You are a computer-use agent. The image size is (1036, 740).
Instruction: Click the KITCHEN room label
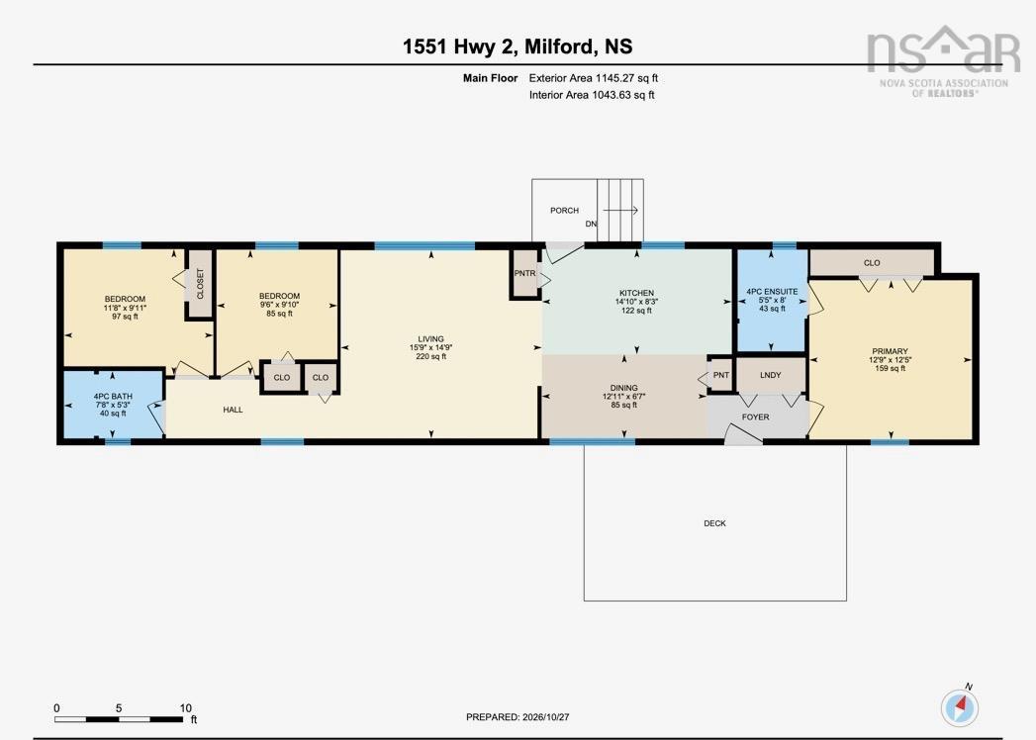point(636,293)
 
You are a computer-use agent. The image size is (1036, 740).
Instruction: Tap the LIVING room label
point(430,339)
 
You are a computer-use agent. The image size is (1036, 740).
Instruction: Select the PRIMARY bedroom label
point(890,351)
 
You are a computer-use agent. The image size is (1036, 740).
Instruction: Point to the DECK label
point(714,523)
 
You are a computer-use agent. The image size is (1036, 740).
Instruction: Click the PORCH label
point(564,210)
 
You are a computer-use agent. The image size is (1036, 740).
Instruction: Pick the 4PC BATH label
point(113,397)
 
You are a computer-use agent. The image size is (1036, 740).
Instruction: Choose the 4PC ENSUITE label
point(772,292)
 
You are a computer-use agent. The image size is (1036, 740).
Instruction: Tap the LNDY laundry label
point(771,375)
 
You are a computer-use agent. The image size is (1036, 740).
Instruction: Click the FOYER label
point(755,416)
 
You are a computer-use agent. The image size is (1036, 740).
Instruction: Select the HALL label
point(233,410)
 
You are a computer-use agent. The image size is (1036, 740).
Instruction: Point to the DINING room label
point(623,388)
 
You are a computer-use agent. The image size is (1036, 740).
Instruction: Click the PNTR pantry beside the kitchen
point(524,273)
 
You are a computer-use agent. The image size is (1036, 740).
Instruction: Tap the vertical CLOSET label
point(200,284)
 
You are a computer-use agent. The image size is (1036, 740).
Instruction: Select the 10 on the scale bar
point(186,707)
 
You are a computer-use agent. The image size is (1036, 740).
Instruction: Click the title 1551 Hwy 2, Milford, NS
point(518,46)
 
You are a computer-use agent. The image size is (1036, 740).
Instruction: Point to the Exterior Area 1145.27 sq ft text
point(594,78)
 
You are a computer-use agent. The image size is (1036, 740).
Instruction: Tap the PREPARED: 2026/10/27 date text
point(518,717)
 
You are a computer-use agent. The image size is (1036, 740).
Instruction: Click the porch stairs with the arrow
point(620,210)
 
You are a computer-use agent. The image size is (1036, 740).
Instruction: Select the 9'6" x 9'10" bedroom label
point(279,305)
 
